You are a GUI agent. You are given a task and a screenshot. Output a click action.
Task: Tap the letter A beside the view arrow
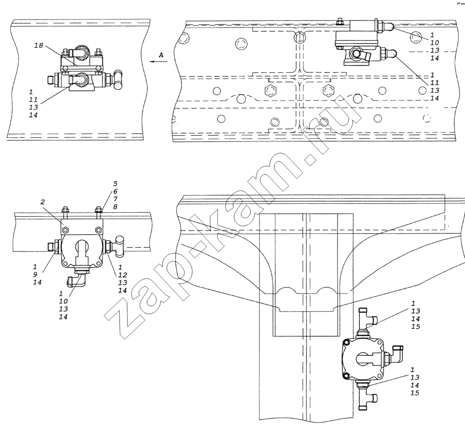pyautogui.click(x=161, y=55)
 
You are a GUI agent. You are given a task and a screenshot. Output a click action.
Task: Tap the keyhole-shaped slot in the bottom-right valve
pyautogui.click(x=364, y=360)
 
